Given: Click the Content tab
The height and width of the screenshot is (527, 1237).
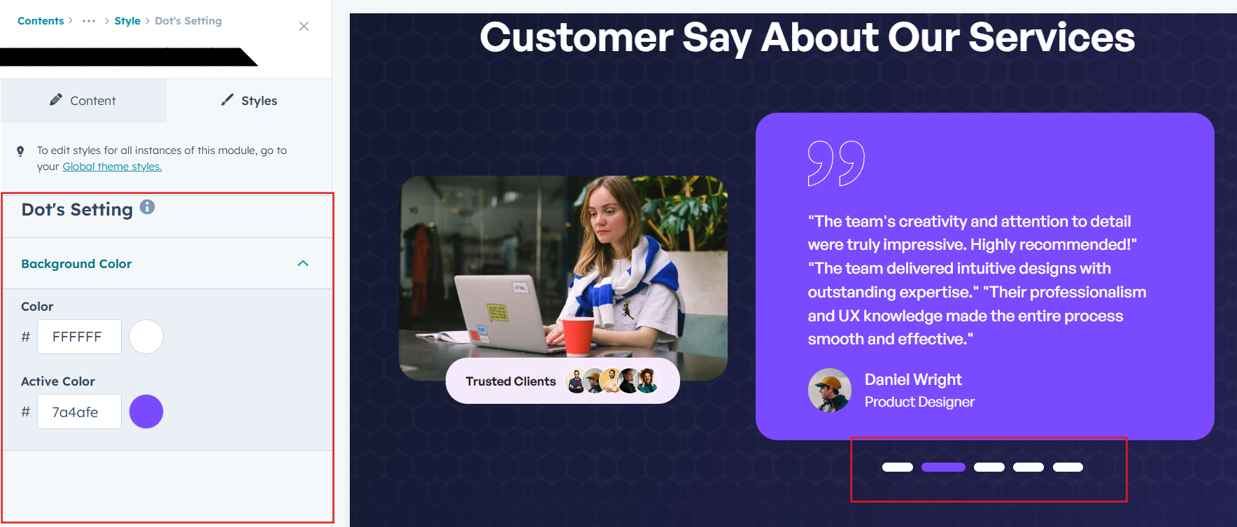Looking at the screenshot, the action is point(83,100).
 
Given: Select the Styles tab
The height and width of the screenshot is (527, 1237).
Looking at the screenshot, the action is point(249,100).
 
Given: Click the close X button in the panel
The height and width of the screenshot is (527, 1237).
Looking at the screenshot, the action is point(304,26).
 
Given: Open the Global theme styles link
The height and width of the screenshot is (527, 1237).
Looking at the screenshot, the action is point(112,167).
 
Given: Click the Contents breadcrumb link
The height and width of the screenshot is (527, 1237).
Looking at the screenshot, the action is point(41,21).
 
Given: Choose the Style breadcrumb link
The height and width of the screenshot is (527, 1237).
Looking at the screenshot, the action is point(127,21).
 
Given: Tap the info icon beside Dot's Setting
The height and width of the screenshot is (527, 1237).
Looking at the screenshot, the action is point(147,207).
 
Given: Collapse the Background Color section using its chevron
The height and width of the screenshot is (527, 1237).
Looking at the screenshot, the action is point(303,263).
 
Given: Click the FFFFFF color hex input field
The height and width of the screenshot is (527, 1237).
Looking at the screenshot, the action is point(79,337).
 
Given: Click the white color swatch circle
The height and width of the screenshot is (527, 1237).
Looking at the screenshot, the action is point(146,337).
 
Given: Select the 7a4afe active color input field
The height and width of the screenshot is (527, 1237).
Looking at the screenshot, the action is point(79,412).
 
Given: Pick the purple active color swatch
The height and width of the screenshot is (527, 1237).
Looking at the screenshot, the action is point(146,412).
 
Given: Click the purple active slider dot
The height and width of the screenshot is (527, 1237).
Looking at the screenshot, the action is point(943,467).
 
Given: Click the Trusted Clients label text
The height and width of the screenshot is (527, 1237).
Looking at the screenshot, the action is point(511,381).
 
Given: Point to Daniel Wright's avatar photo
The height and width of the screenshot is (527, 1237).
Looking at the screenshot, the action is point(830,390).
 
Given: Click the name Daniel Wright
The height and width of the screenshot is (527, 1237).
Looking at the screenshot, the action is point(913,379).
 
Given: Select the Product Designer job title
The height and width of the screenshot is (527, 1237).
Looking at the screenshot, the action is point(919,402).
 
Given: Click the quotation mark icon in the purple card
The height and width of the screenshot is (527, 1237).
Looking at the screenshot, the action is point(836,163).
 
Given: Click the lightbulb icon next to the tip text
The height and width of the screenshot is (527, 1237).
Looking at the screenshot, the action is point(20,150).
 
